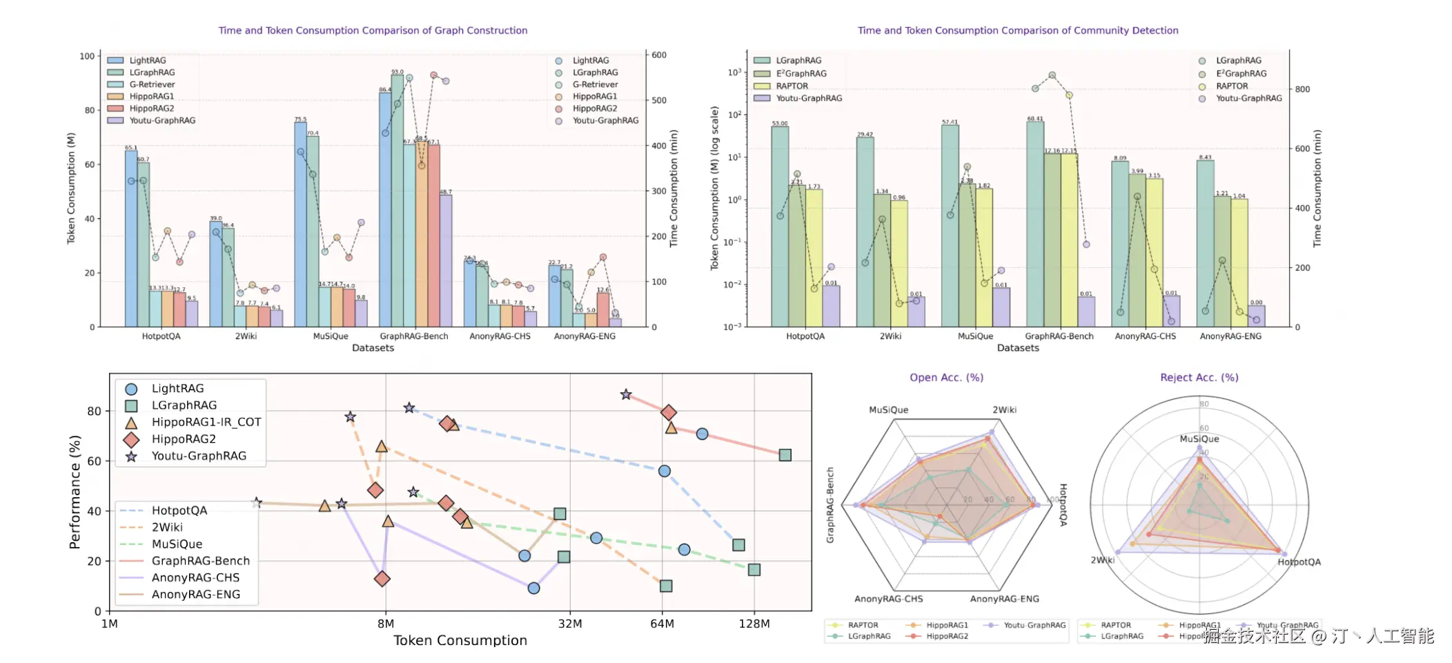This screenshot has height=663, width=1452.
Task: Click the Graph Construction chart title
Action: pos(373,30)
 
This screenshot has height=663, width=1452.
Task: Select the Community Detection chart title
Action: pos(1018,30)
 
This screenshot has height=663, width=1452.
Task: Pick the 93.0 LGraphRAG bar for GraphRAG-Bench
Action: pos(398,200)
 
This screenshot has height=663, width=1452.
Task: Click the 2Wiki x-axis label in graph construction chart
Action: pos(246,336)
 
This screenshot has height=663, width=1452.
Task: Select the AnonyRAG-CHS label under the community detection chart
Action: pos(1145,336)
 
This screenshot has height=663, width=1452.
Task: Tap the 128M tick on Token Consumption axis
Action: pos(754,624)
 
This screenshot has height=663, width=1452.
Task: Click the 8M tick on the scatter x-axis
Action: pos(385,624)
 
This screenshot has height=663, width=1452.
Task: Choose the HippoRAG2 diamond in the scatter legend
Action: pos(131,439)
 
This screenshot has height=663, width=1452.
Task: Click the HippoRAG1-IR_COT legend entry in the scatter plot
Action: pos(206,422)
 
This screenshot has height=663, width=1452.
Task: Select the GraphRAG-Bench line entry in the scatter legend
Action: pos(200,561)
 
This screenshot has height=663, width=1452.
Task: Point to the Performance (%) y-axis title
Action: pos(75,492)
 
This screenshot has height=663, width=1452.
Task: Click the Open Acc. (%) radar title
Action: pos(946,378)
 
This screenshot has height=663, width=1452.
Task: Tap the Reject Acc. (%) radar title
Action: pos(1199,378)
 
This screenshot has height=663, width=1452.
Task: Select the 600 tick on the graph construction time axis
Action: pos(659,55)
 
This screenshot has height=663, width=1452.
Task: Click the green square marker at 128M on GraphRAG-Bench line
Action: pos(785,455)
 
